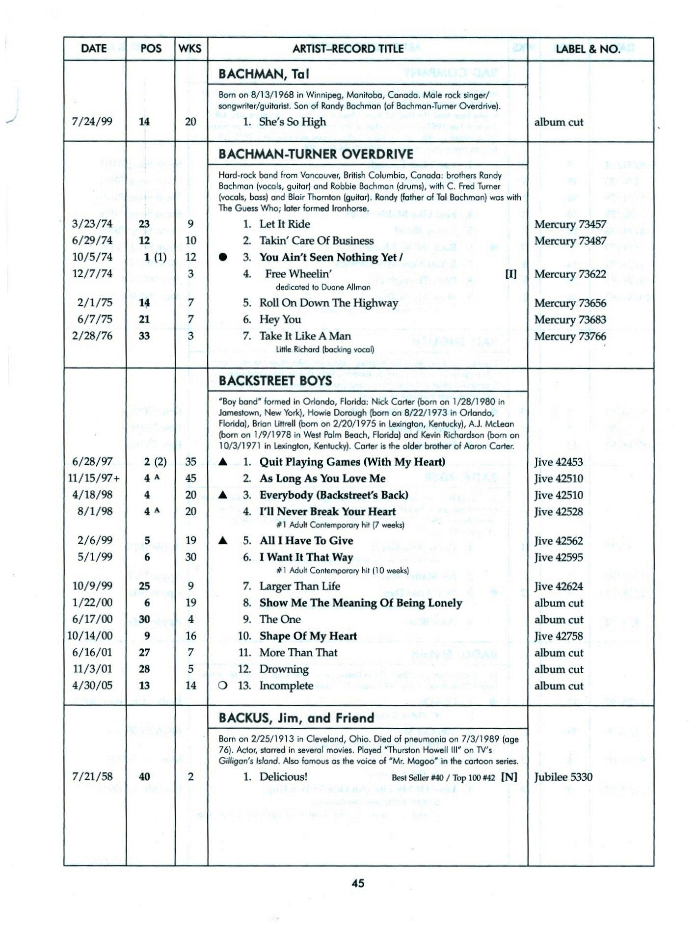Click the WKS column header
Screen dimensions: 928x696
(x=190, y=49)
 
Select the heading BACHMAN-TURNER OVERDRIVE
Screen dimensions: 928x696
(x=316, y=154)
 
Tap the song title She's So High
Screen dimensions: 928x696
(x=292, y=122)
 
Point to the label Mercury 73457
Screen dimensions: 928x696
(x=570, y=224)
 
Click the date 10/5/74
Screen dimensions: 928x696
(x=92, y=257)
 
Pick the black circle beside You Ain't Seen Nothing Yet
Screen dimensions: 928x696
(x=223, y=257)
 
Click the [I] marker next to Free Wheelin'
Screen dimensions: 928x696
(x=511, y=274)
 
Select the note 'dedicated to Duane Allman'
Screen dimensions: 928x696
(x=323, y=287)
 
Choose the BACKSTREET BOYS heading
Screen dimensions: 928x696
(x=275, y=381)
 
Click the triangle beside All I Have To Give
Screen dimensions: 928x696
(x=223, y=540)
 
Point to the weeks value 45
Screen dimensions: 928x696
(x=190, y=478)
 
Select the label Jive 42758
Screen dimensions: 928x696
(x=559, y=636)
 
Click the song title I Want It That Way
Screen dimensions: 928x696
(x=306, y=557)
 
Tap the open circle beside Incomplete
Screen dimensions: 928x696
(x=223, y=686)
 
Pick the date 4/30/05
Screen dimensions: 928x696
(x=92, y=686)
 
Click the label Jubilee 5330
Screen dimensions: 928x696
(x=563, y=777)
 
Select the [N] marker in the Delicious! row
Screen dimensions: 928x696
(x=509, y=777)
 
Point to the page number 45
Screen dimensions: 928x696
(x=358, y=883)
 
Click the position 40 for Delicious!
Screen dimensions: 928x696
(x=144, y=777)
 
